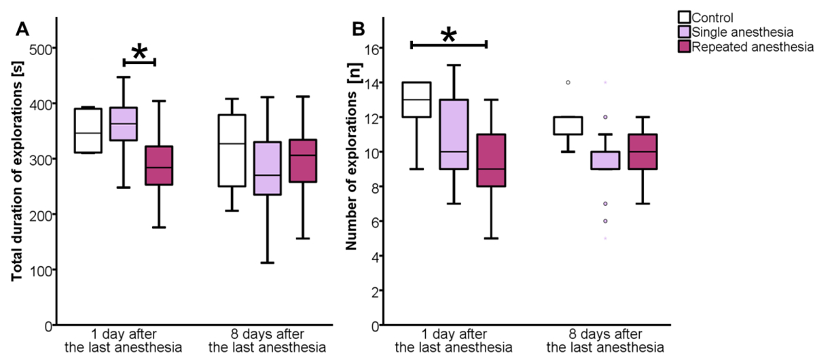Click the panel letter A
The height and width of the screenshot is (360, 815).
coord(22,30)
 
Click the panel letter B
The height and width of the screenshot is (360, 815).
coord(359,30)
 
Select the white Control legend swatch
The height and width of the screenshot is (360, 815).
coord(685,17)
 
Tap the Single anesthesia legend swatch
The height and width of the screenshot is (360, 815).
coord(685,32)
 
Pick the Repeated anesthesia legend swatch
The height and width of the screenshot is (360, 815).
coord(685,47)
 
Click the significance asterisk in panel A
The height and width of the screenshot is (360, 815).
coord(139,53)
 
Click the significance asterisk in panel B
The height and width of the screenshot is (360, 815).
coord(449,35)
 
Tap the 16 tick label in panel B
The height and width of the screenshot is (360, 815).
coord(373,48)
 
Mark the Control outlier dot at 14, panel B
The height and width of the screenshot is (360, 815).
coord(568,82)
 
